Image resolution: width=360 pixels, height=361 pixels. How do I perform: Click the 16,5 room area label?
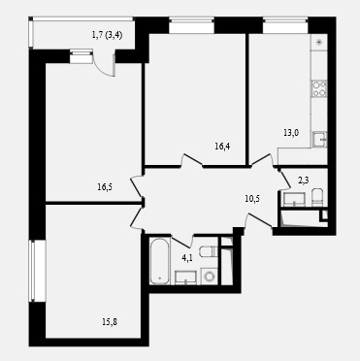click(105, 186)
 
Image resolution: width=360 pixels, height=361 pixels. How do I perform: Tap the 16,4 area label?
click(222, 147)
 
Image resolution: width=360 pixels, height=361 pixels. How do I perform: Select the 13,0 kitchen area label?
click(291, 133)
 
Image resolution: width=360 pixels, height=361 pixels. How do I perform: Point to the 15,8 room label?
click(110, 322)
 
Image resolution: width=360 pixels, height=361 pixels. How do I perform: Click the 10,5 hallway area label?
click(252, 199)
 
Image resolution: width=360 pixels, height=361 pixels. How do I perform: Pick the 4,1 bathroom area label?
click(187, 258)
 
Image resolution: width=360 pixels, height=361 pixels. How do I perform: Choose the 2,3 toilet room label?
click(303, 180)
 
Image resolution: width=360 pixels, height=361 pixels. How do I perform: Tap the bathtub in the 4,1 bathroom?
click(160, 261)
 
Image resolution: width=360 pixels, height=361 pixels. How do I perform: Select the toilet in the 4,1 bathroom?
click(209, 251)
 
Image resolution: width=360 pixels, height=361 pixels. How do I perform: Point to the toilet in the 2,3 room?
click(317, 197)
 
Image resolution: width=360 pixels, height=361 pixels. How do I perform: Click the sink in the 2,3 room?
click(294, 199)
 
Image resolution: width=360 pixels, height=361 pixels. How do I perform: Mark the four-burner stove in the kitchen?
click(319, 88)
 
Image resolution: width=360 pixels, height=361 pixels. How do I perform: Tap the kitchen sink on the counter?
click(319, 140)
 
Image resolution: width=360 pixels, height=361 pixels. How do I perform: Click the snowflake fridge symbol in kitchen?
click(319, 42)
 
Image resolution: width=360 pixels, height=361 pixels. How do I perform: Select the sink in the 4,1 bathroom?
click(185, 278)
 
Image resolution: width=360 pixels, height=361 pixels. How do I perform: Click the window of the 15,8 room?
click(38, 271)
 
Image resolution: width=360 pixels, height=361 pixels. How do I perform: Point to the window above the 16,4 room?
click(191, 26)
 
